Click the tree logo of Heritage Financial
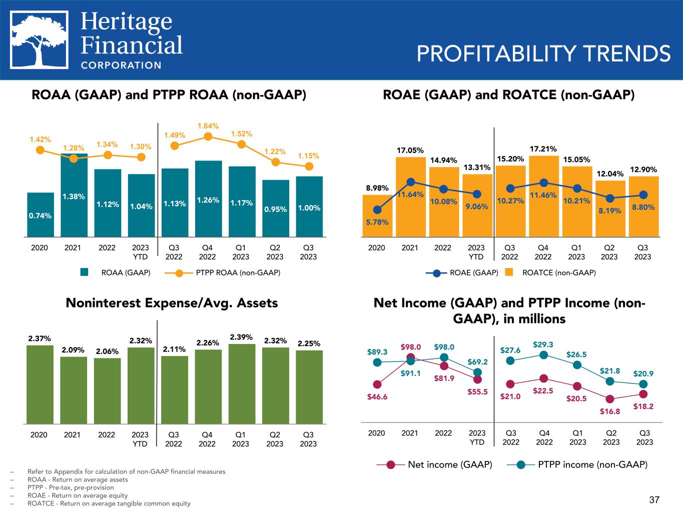(x=40, y=40)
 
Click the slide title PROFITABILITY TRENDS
(x=543, y=54)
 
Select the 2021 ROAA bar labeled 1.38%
(x=74, y=195)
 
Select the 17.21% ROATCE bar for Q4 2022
(x=543, y=195)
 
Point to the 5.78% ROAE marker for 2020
(x=377, y=210)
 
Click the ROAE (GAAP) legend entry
(x=463, y=273)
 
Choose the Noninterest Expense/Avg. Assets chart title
(x=172, y=303)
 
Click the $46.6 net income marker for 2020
(x=377, y=384)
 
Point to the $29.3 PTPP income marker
(x=543, y=355)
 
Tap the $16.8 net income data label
(x=610, y=411)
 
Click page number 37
(x=654, y=499)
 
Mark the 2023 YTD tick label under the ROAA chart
(x=141, y=252)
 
